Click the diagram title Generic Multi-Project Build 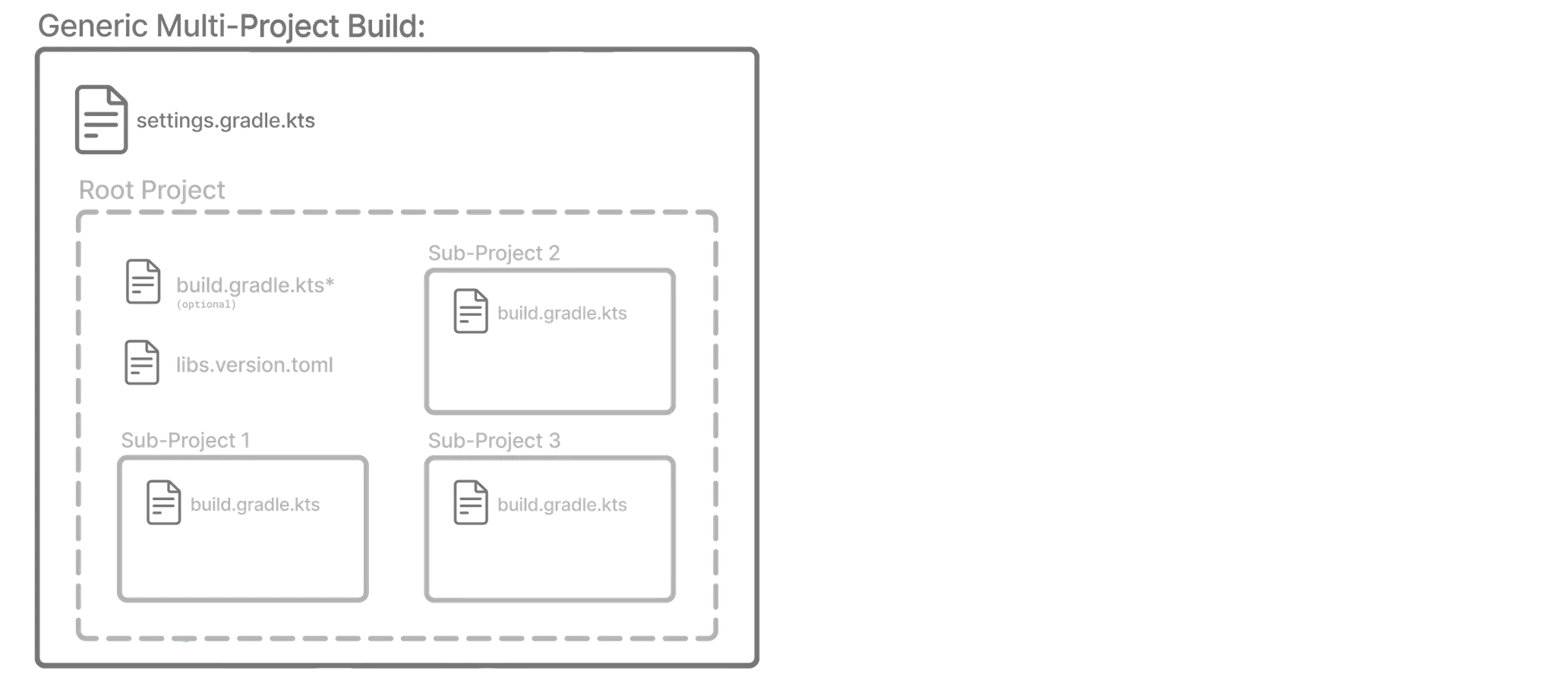(x=232, y=27)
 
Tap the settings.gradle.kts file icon (x=101, y=120)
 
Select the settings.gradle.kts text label (x=226, y=121)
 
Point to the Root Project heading (x=152, y=190)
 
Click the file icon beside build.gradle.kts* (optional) (x=143, y=282)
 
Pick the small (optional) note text (x=206, y=304)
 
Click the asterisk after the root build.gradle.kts (x=330, y=284)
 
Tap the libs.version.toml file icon (x=142, y=363)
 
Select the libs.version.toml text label (x=254, y=365)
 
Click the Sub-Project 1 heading (x=185, y=440)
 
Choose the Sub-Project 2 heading (x=494, y=253)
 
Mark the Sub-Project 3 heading (x=494, y=440)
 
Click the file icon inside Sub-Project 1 (x=164, y=502)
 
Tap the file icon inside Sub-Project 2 (x=471, y=310)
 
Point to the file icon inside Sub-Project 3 (x=471, y=502)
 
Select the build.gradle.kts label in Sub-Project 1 (x=255, y=505)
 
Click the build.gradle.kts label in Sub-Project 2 (x=562, y=313)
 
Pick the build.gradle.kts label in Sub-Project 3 (x=562, y=505)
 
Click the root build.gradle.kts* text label (x=251, y=285)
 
